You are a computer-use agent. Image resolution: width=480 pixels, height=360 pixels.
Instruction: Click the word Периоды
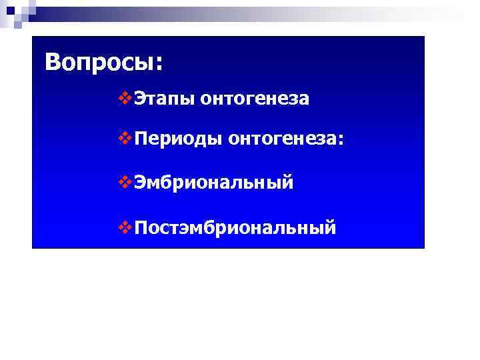click(x=177, y=140)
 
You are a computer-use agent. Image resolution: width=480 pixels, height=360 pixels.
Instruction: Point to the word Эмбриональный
click(x=213, y=183)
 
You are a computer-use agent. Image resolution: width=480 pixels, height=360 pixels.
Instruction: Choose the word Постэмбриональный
click(x=235, y=229)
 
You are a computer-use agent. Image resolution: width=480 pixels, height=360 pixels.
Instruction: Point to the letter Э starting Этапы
click(x=139, y=99)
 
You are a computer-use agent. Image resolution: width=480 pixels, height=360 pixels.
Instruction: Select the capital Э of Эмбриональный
click(x=139, y=183)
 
